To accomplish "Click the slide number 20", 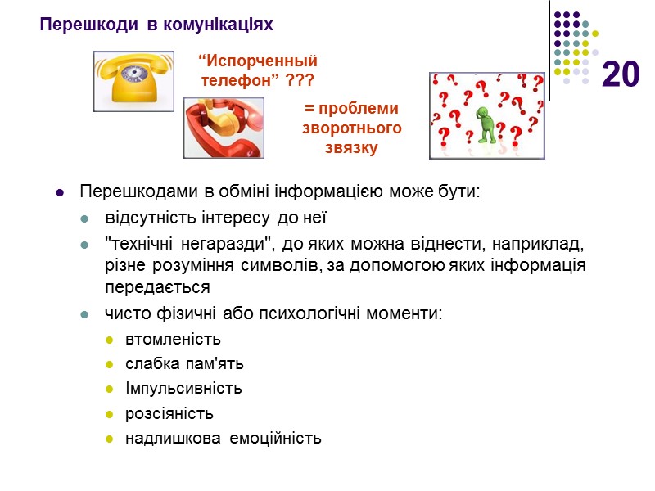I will click(x=621, y=74).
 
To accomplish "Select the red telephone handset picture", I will click(x=224, y=128).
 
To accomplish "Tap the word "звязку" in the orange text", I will click(x=351, y=148).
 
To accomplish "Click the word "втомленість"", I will click(x=173, y=340).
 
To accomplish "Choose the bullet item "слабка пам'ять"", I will click(x=184, y=364).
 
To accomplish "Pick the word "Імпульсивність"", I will click(x=183, y=389).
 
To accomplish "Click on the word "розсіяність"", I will click(x=169, y=413).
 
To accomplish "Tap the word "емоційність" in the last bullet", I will click(x=275, y=438).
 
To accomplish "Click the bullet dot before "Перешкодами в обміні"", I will click(x=59, y=193).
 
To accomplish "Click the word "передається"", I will click(x=145, y=287).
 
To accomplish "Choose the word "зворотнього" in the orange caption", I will click(x=352, y=128).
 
